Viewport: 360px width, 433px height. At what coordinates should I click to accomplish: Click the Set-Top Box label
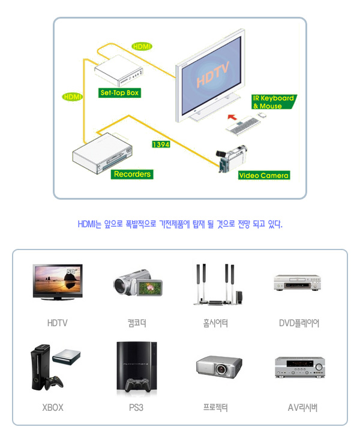(119, 93)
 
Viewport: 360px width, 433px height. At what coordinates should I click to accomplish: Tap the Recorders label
(132, 174)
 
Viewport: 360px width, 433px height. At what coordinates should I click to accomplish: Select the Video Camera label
(264, 176)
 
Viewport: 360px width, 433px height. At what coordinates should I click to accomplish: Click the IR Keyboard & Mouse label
(273, 102)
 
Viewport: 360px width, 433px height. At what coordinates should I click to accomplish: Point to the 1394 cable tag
(160, 145)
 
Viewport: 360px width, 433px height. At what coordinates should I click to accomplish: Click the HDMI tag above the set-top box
(142, 46)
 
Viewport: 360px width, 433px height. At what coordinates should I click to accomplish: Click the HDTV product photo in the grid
(58, 282)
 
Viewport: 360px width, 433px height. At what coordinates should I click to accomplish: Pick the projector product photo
(218, 366)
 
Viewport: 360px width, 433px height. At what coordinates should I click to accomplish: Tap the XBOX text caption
(53, 408)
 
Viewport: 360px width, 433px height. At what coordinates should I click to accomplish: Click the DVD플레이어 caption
(299, 323)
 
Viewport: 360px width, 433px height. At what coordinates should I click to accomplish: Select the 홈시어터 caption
(215, 323)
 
